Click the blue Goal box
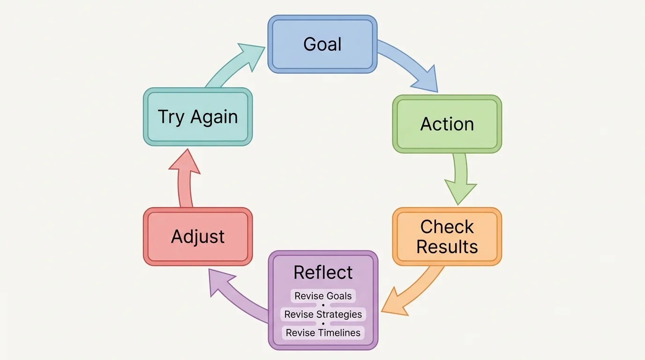(x=322, y=44)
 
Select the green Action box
(x=447, y=124)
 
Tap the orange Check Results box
(x=447, y=237)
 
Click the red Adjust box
(x=198, y=237)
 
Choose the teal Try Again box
(x=198, y=117)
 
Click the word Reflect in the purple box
(x=323, y=272)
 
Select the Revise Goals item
(x=323, y=296)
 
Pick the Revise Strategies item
(x=323, y=314)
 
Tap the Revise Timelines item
(x=323, y=333)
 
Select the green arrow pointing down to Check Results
(x=460, y=178)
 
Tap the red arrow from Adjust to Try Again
(x=184, y=180)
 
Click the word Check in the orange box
(x=447, y=227)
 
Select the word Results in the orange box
(x=447, y=247)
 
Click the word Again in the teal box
(x=214, y=117)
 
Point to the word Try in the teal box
(x=171, y=117)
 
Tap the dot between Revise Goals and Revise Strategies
(x=323, y=305)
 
